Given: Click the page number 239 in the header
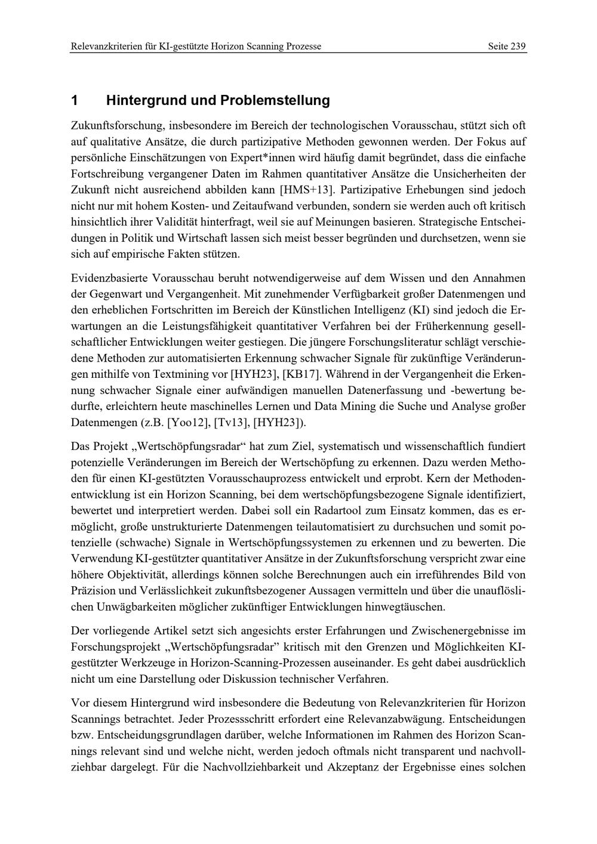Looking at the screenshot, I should (518, 46).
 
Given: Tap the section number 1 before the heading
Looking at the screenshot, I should (75, 100).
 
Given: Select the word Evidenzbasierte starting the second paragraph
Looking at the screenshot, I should (109, 278).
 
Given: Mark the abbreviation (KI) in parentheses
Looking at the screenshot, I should (419, 310).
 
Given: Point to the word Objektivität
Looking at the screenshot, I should (135, 575).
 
